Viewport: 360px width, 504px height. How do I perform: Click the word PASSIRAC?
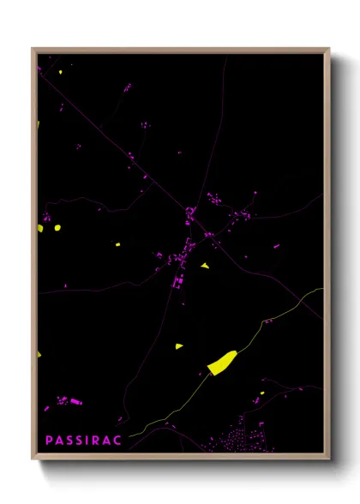tap(83, 440)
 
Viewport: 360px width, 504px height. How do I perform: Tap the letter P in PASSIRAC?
tap(49, 440)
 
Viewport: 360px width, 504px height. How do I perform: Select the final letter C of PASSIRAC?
tap(117, 440)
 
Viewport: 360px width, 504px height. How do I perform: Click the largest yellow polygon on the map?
tap(221, 363)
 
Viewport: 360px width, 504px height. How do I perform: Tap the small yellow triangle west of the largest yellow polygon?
tap(179, 346)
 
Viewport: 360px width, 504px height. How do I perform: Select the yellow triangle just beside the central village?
tap(205, 266)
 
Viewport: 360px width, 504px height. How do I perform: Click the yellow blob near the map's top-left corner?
tap(60, 73)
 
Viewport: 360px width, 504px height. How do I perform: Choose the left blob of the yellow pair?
tap(40, 229)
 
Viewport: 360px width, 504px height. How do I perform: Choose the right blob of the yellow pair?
tap(57, 228)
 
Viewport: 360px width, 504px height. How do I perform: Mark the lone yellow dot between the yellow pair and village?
tap(118, 245)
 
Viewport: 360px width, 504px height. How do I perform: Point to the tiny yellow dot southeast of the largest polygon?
tap(263, 393)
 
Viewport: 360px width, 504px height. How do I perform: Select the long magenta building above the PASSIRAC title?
tap(75, 401)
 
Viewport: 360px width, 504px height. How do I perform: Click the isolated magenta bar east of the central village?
tap(276, 247)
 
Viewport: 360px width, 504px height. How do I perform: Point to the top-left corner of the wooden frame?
tap(33, 49)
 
